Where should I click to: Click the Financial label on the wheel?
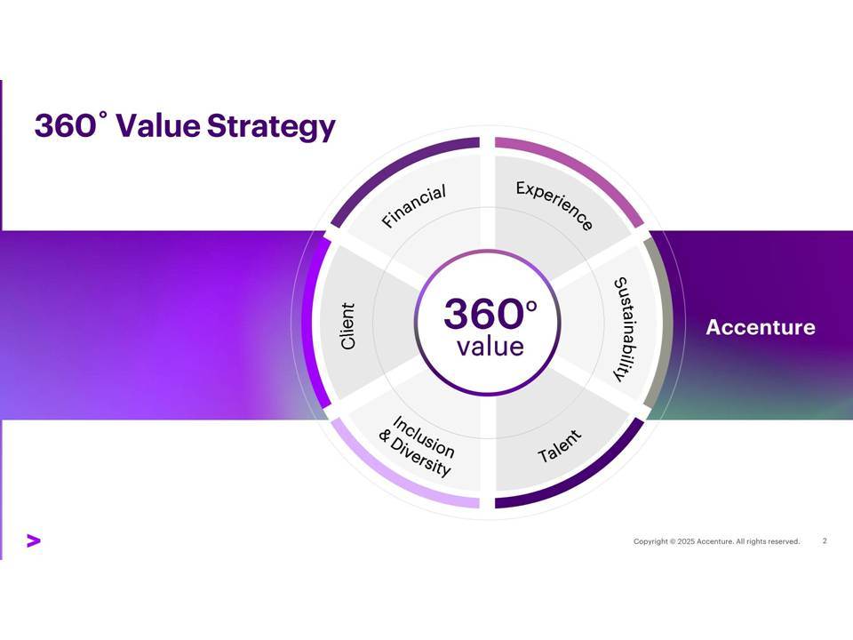pos(414,205)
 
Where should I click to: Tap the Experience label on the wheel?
pos(554,205)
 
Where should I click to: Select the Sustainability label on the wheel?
pos(626,329)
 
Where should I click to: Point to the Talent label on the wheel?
pos(560,446)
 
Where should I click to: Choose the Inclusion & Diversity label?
pos(417,446)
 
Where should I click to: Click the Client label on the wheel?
pos(347,326)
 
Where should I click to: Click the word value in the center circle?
pos(490,347)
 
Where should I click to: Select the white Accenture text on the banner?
pos(761,327)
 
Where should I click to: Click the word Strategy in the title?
pos(271,126)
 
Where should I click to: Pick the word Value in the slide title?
pos(158,125)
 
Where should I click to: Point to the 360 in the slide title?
pos(65,125)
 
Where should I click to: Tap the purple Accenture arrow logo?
pos(34,540)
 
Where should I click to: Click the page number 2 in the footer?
pos(825,541)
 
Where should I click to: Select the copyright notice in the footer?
pos(716,541)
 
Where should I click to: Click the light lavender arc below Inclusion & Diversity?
pos(393,479)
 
